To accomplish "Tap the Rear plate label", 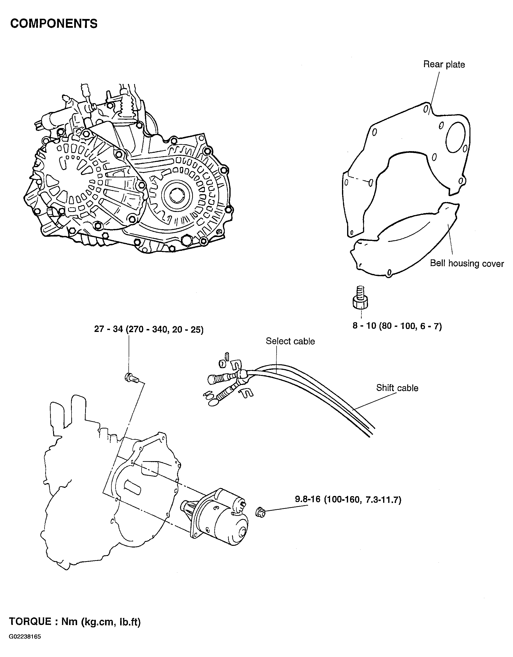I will [444, 64].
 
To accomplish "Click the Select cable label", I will [290, 341].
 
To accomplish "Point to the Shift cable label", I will [397, 388].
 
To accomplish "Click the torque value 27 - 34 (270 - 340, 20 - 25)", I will [149, 329].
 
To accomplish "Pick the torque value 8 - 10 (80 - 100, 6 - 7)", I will [397, 326].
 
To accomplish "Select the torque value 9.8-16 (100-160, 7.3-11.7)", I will [348, 500].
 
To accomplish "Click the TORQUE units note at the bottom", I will [75, 621].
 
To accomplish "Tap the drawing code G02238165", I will [25, 637].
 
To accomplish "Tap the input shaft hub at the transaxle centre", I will [176, 196].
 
